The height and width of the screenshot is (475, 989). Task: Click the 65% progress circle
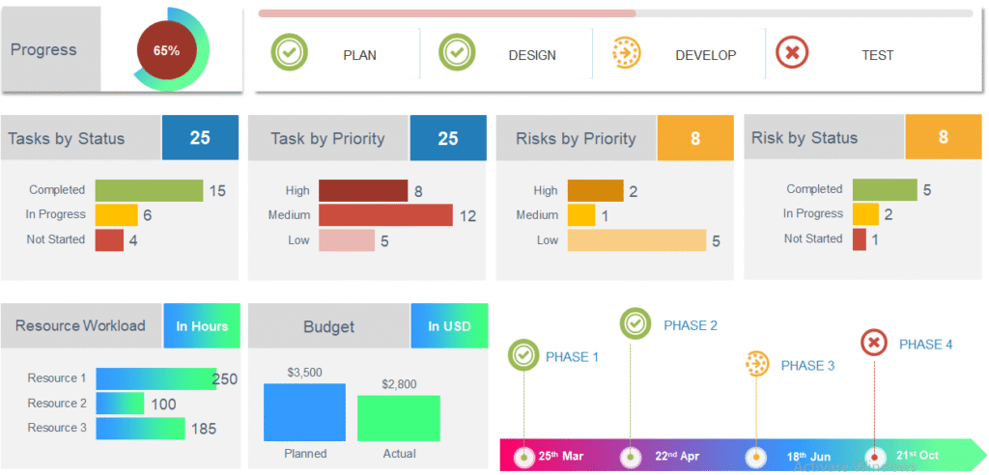click(x=166, y=50)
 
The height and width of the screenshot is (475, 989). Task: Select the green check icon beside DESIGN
click(x=457, y=52)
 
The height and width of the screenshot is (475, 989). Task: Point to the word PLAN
click(x=360, y=55)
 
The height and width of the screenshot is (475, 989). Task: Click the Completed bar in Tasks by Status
click(x=149, y=190)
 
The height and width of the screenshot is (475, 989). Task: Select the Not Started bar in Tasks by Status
click(x=109, y=239)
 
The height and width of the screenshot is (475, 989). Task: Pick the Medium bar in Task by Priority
click(x=385, y=215)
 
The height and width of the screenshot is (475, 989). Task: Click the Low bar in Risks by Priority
click(x=636, y=239)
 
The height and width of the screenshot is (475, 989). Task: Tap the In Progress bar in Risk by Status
click(x=865, y=214)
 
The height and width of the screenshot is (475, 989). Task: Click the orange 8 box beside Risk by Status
click(x=943, y=137)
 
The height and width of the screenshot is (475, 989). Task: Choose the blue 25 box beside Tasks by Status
click(x=200, y=137)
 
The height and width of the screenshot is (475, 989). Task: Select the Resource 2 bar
click(x=120, y=404)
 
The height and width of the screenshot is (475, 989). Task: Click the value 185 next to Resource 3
click(x=203, y=429)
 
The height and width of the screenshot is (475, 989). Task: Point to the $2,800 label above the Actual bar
click(x=399, y=384)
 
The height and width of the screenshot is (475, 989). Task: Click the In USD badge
click(x=449, y=326)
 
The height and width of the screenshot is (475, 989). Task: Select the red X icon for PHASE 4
click(x=873, y=343)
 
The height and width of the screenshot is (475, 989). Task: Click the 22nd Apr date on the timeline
click(x=676, y=456)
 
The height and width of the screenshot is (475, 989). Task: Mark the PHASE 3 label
click(x=807, y=366)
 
